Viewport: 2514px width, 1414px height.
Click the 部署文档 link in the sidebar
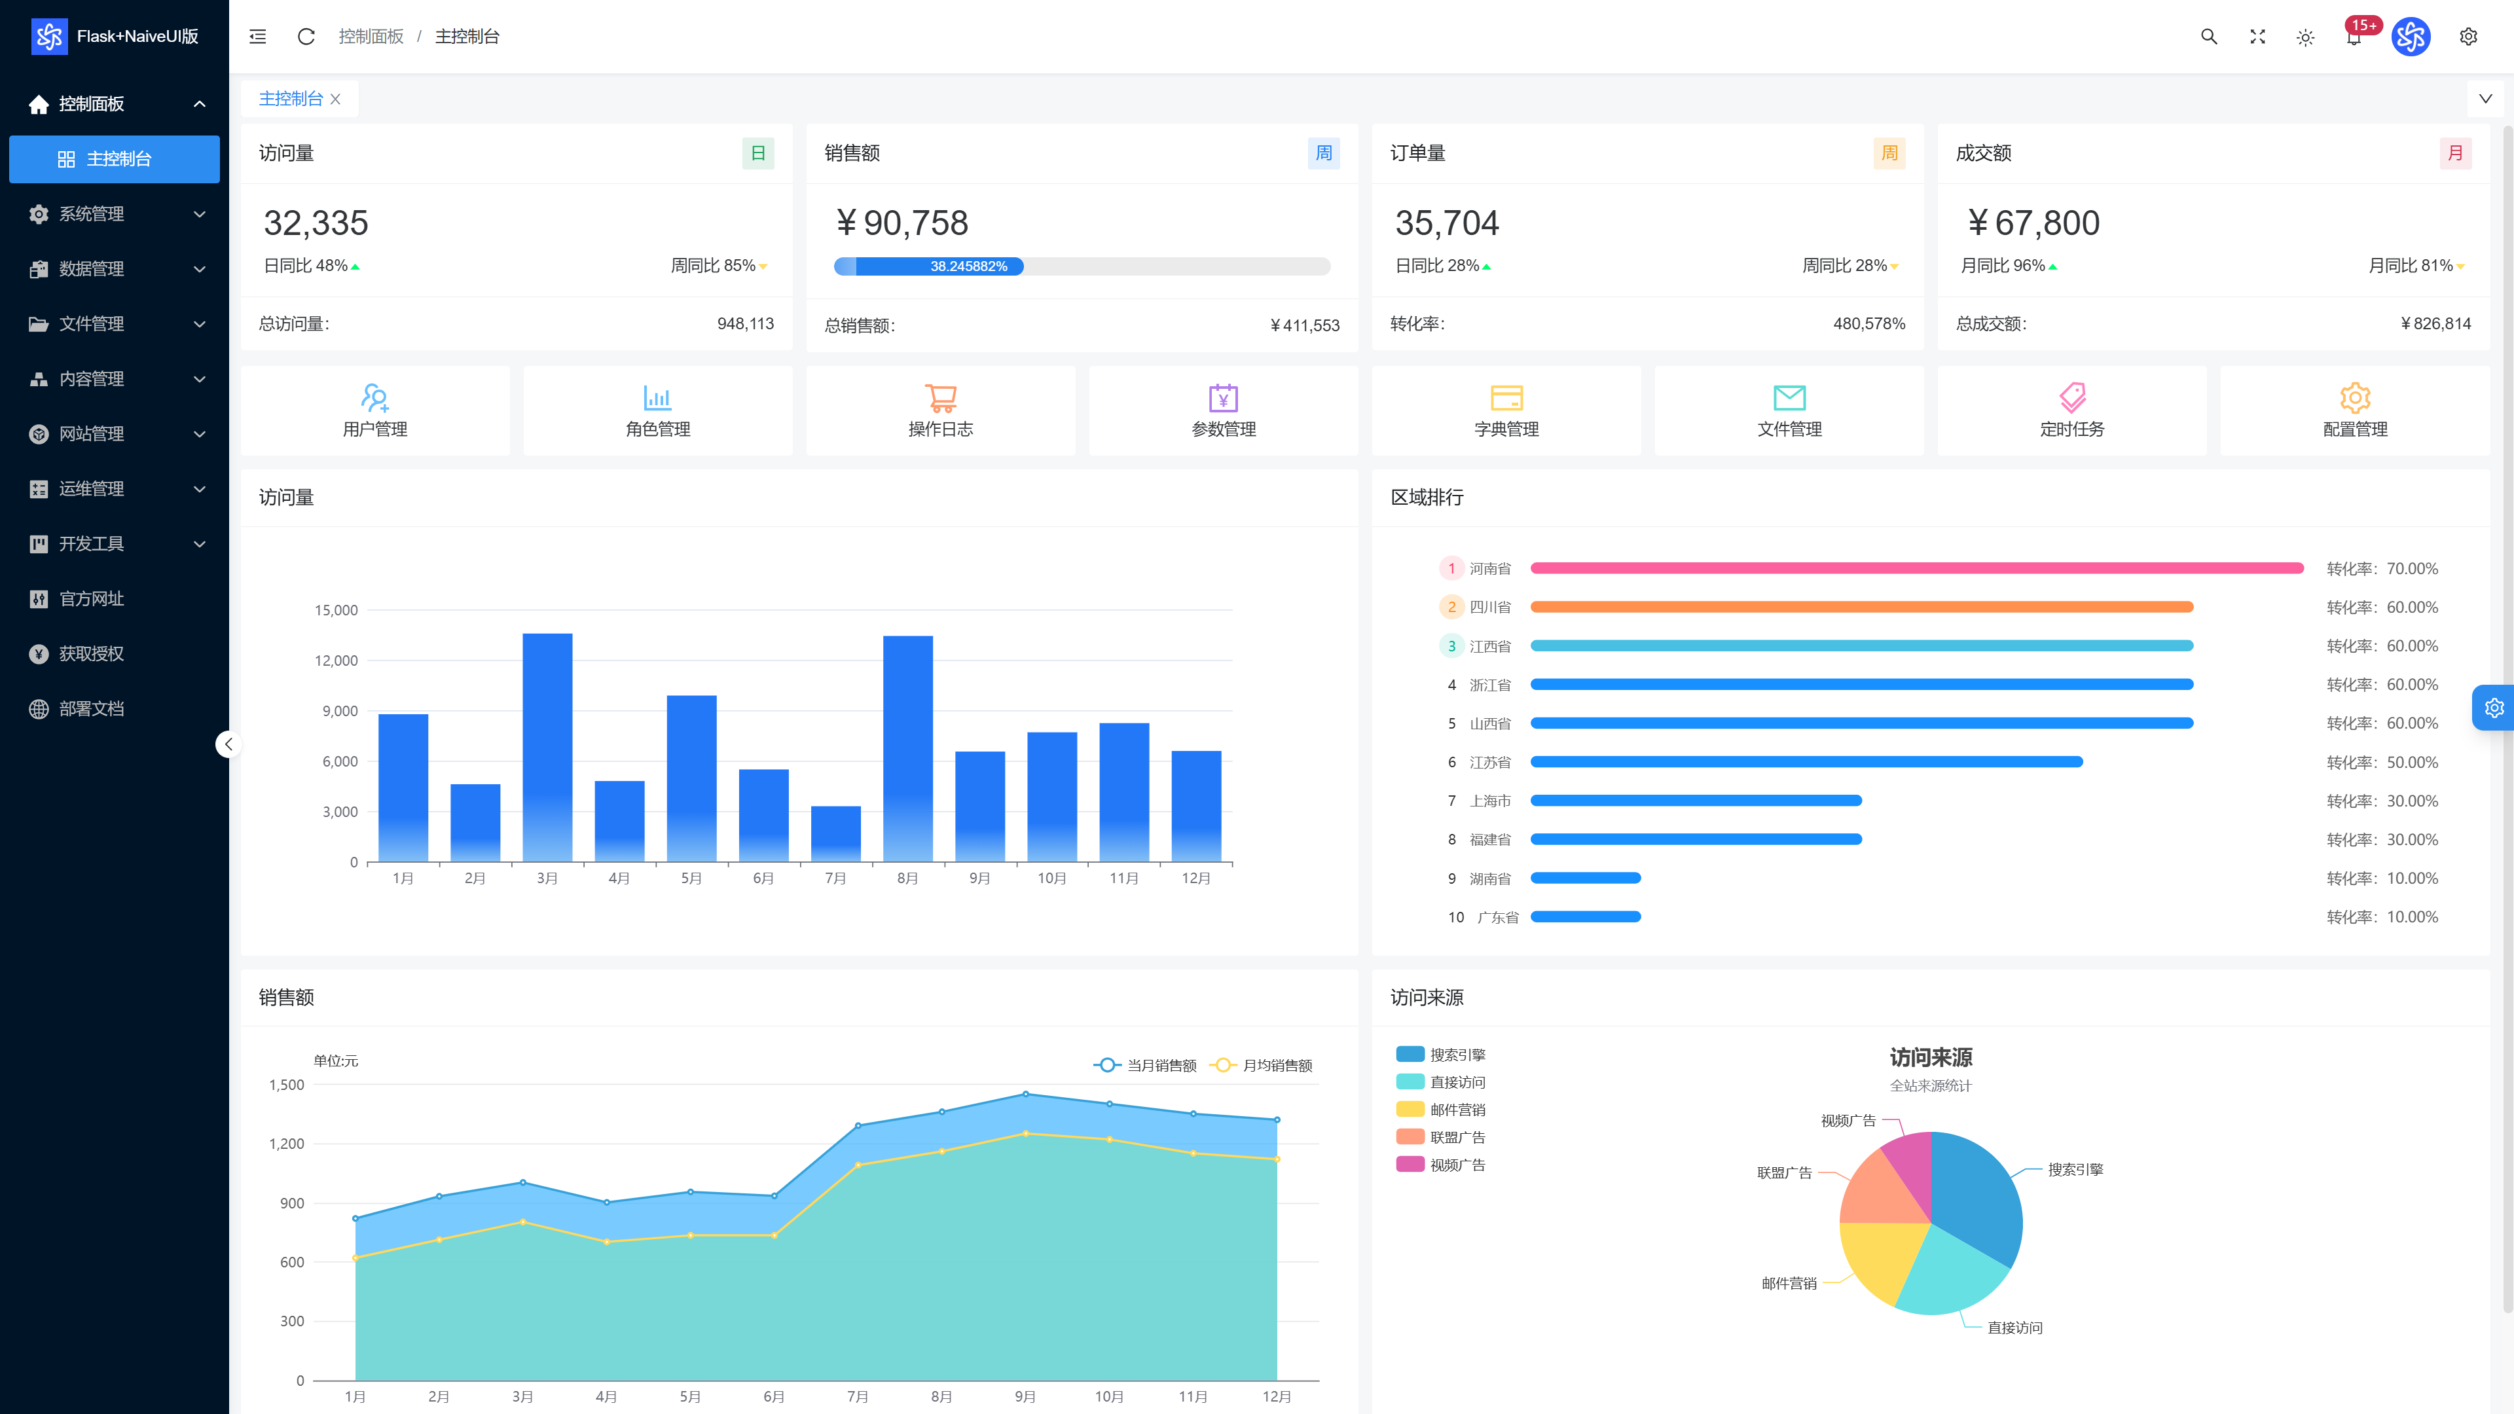tap(91, 708)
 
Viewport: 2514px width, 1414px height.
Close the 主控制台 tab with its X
tap(336, 99)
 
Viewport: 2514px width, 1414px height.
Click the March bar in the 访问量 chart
tap(547, 748)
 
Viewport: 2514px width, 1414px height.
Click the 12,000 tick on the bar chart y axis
tap(336, 661)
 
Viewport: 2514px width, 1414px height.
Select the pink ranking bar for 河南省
tap(1917, 568)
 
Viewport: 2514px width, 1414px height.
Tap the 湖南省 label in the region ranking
tap(1490, 879)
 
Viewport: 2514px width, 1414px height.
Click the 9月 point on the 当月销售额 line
tap(1026, 1094)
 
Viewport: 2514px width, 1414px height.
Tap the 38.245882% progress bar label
tap(968, 266)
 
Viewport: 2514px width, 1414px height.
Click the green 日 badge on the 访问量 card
tap(758, 153)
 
